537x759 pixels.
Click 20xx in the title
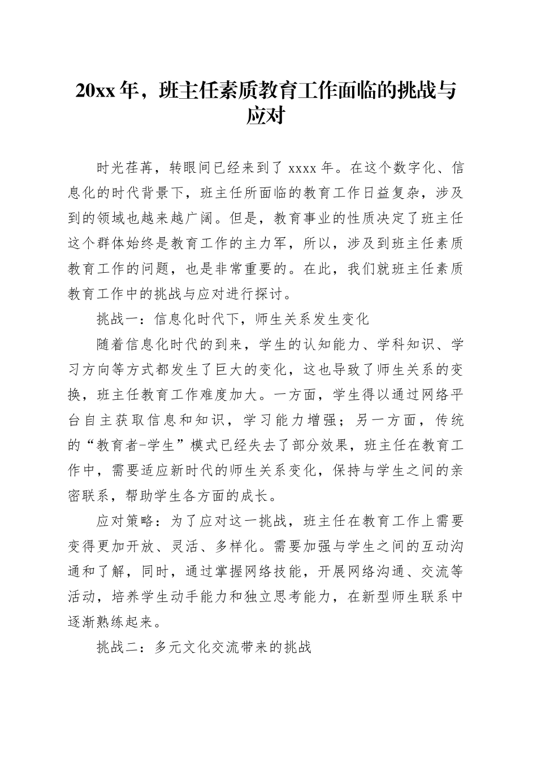pyautogui.click(x=97, y=91)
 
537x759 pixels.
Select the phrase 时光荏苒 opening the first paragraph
pyautogui.click(x=126, y=168)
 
